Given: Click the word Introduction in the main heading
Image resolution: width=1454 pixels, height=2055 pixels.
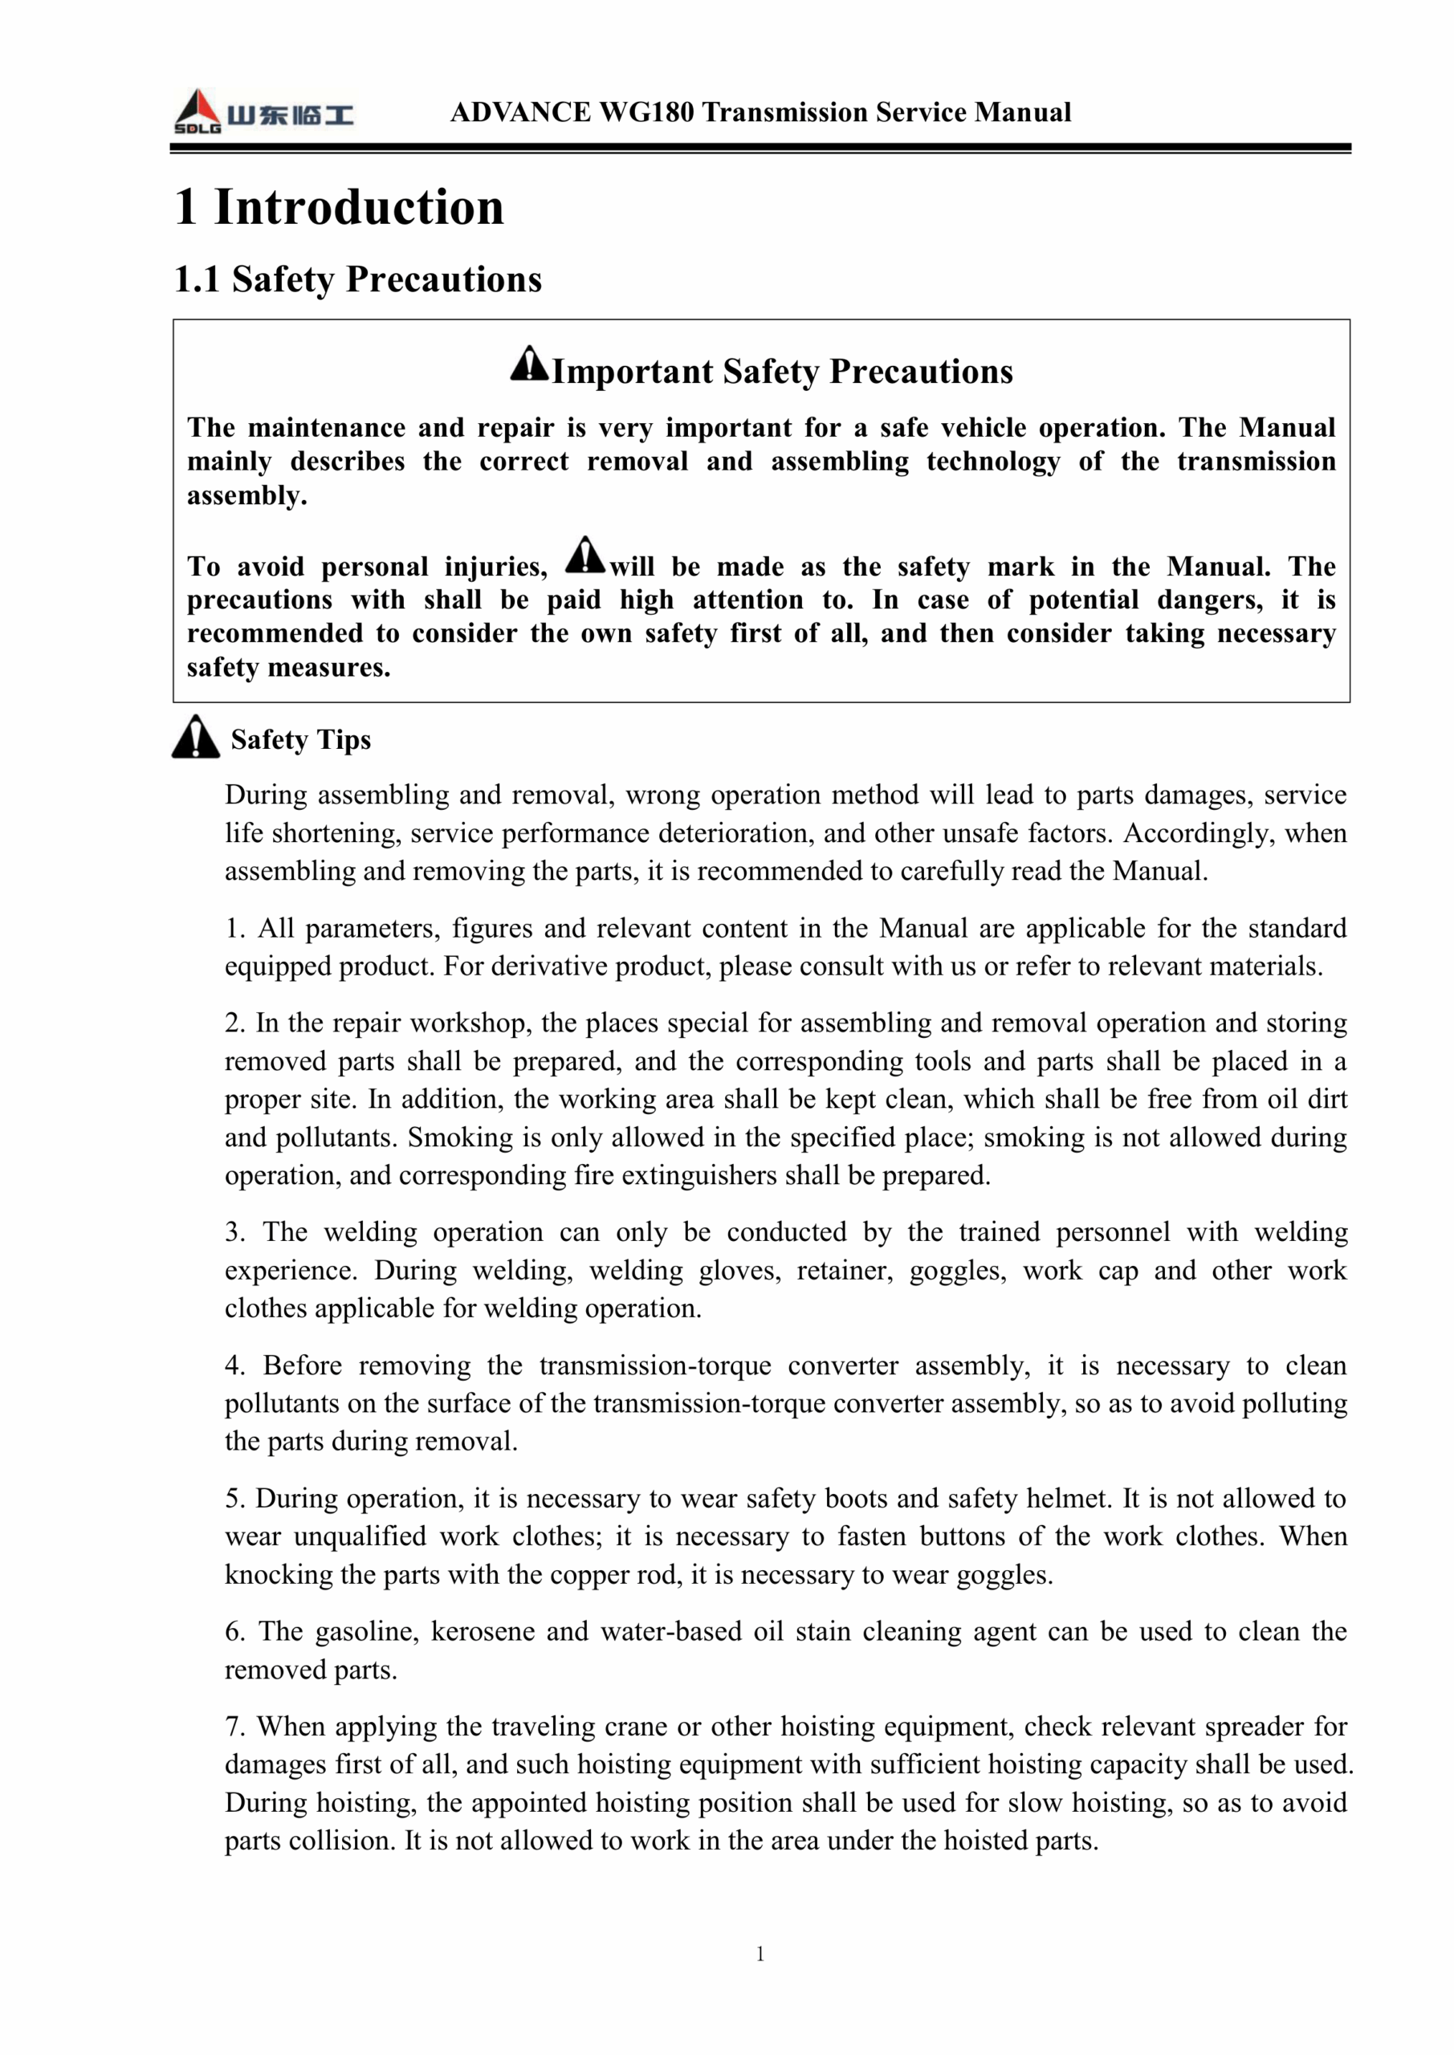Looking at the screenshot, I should [x=359, y=208].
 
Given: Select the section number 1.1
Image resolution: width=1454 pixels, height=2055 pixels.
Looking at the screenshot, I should [x=197, y=279].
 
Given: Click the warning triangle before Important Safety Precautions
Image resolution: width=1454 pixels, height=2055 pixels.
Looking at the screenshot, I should [x=529, y=364].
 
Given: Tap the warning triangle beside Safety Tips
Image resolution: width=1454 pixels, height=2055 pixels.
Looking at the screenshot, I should [x=196, y=738].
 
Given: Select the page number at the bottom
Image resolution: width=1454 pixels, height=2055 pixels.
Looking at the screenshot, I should [x=760, y=1954].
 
